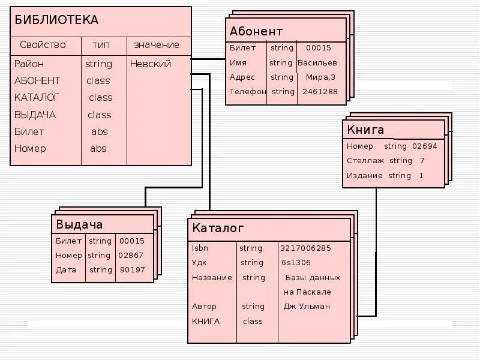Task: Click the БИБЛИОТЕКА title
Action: click(x=56, y=20)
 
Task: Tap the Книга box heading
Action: click(x=365, y=130)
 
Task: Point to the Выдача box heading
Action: click(x=79, y=224)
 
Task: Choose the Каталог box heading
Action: click(x=218, y=229)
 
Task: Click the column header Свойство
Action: click(x=43, y=45)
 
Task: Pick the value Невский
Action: click(x=150, y=64)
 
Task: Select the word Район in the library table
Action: click(x=29, y=64)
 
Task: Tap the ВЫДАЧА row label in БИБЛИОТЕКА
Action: click(x=35, y=115)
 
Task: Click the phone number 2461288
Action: click(x=320, y=92)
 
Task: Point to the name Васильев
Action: click(x=317, y=63)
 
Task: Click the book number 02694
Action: click(x=424, y=146)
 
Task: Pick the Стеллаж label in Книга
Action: click(x=362, y=161)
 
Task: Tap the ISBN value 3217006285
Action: click(x=305, y=248)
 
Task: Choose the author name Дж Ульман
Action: click(x=307, y=307)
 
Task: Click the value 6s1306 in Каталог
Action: click(x=296, y=263)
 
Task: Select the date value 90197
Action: click(x=132, y=270)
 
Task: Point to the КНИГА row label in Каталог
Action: click(x=206, y=321)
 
